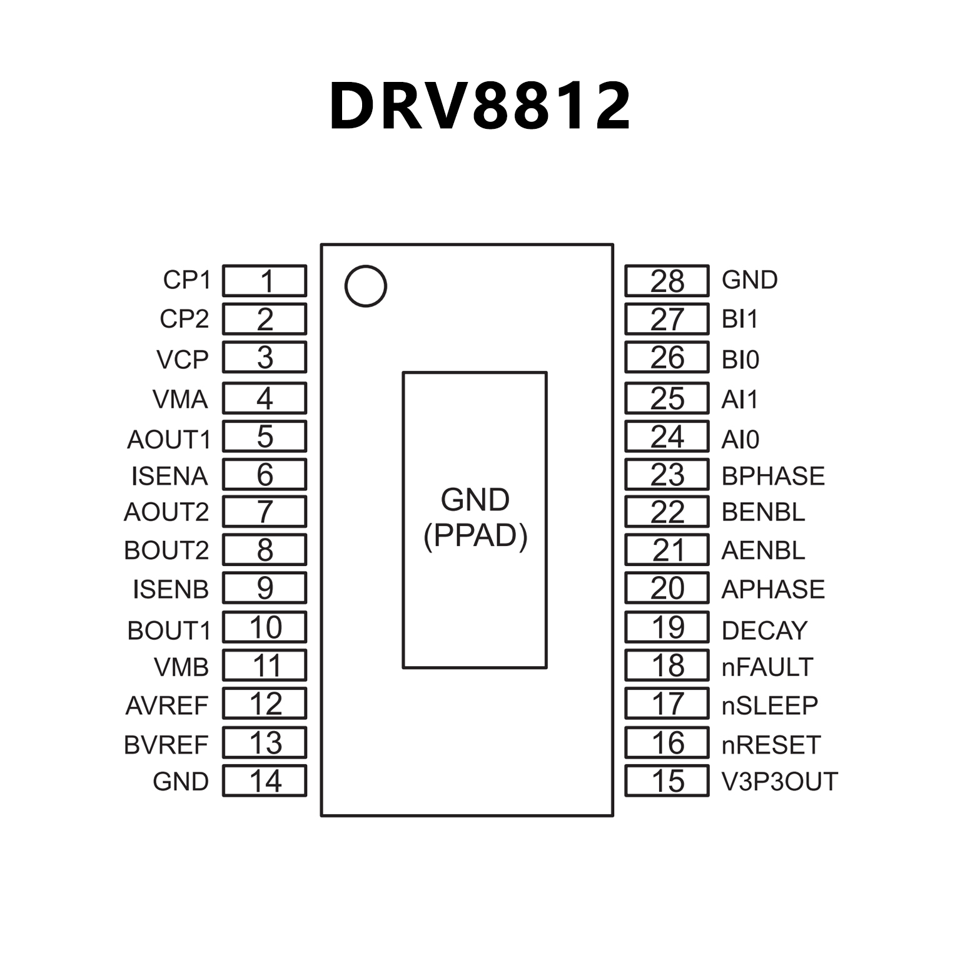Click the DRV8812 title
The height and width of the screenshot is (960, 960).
pos(480,106)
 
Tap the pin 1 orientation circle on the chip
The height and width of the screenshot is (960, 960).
pos(366,286)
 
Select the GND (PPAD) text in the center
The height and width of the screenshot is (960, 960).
pos(475,518)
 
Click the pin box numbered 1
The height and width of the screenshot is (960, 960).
pos(265,281)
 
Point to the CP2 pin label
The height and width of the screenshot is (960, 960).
pos(184,319)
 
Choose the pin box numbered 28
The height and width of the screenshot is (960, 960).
pos(667,281)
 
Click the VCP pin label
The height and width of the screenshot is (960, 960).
pos(182,360)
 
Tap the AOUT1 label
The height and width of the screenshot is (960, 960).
pos(169,440)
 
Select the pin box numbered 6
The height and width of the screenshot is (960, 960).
pos(265,475)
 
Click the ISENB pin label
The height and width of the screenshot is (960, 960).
pos(170,589)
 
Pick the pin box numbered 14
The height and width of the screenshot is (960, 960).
pos(265,781)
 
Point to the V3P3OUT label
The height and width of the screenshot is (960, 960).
pos(779,781)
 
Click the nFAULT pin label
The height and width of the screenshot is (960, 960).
pos(767,667)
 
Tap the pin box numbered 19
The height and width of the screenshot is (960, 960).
pos(667,627)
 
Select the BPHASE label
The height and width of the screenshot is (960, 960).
pos(773,476)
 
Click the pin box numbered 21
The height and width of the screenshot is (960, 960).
pos(667,550)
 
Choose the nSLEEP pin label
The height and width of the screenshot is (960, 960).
pos(769,705)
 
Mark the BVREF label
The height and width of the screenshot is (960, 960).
pos(166,745)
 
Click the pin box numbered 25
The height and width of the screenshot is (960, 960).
pos(667,398)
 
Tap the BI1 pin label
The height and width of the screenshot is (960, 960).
pos(739,319)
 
